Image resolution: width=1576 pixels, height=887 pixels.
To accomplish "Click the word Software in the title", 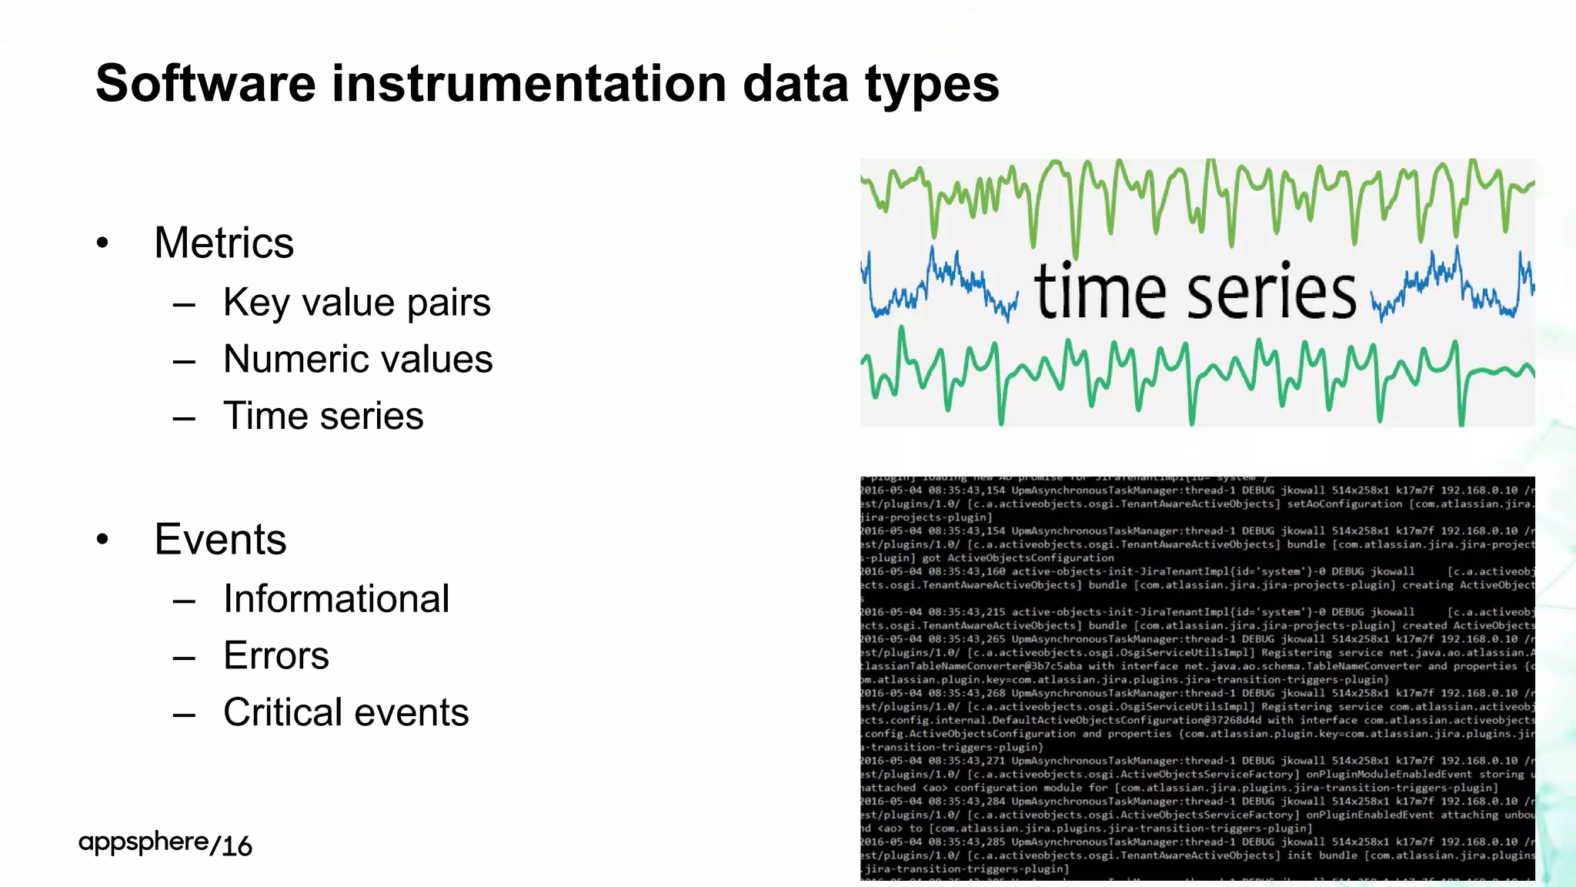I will [x=205, y=83].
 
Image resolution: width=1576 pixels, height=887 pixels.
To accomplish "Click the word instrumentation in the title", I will [x=529, y=83].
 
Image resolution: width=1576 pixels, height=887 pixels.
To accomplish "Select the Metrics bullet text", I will [x=224, y=243].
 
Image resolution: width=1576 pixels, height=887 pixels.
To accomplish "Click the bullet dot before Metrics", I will [x=103, y=244].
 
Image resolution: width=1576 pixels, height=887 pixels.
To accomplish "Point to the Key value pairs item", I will [x=356, y=302].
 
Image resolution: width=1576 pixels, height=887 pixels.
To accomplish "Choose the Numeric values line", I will [x=358, y=359].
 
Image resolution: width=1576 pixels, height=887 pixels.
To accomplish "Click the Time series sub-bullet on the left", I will [x=323, y=416].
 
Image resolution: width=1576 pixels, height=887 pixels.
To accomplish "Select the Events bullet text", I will [x=220, y=539].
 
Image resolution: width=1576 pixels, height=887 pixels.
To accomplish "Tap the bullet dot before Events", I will [x=103, y=540].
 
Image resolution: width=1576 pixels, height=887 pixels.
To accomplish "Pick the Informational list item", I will [x=336, y=598].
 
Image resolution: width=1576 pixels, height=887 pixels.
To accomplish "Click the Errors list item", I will [x=276, y=655].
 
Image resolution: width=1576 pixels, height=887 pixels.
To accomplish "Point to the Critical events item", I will [x=346, y=712].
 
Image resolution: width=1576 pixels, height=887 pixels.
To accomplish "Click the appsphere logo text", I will [x=143, y=842].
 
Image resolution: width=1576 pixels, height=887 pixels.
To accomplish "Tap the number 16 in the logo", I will [x=236, y=846].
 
